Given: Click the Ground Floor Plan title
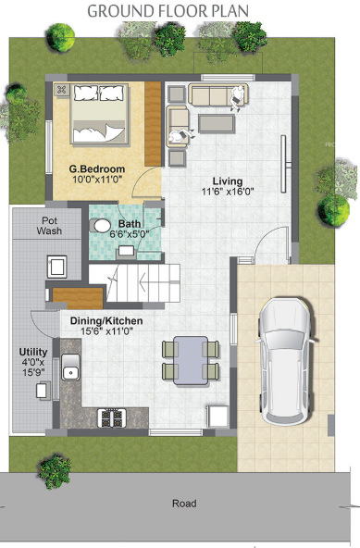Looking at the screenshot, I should (x=180, y=11).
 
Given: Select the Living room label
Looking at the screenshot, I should (x=227, y=181).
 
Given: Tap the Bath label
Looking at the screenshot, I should (x=130, y=224).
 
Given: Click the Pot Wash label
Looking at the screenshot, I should (x=50, y=226).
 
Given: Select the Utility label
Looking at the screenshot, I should (x=35, y=352).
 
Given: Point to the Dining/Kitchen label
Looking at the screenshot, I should (x=106, y=320).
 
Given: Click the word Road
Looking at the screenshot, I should (x=184, y=504).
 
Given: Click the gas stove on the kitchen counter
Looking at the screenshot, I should (x=113, y=417).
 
